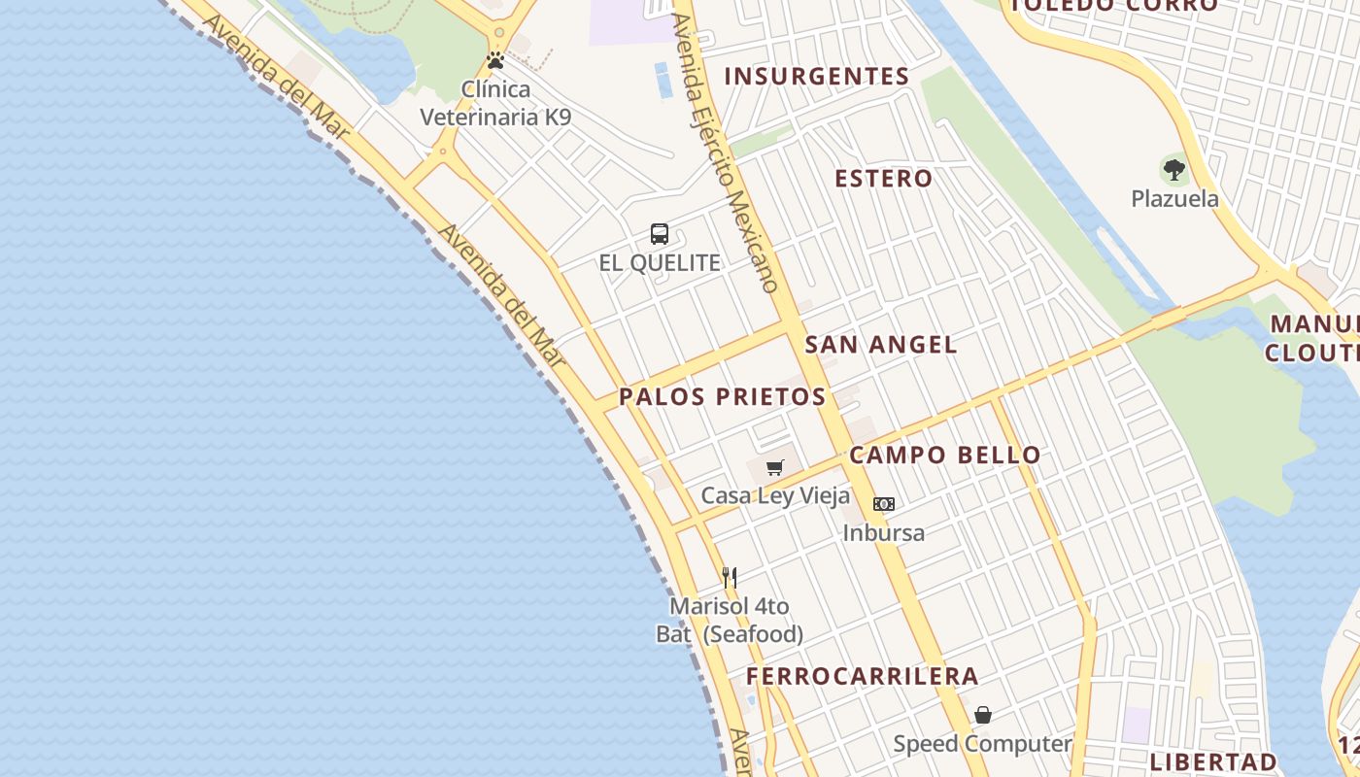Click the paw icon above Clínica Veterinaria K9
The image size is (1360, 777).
coord(495,60)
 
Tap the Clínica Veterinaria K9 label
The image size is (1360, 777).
coord(495,103)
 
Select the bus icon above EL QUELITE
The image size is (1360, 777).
coord(660,233)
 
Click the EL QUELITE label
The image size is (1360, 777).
coord(660,262)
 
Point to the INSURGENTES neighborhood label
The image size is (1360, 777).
coord(816,76)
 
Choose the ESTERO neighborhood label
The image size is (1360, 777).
coord(884,178)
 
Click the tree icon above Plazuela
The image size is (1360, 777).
coord(1174,170)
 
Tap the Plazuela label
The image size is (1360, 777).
coord(1174,199)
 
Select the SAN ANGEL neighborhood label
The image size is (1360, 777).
coord(881,344)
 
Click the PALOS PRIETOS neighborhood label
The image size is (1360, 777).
coord(722,396)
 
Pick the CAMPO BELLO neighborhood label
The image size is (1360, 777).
coord(944,455)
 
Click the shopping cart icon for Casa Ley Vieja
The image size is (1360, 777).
coord(774,468)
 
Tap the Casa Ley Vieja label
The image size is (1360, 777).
coord(775,495)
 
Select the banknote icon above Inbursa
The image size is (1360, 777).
coord(883,503)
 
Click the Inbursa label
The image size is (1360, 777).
coord(883,532)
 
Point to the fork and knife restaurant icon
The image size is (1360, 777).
coord(730,578)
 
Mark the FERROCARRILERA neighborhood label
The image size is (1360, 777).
coord(862,676)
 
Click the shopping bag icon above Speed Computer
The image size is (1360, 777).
coord(983,716)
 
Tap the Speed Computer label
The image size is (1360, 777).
coord(982,744)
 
